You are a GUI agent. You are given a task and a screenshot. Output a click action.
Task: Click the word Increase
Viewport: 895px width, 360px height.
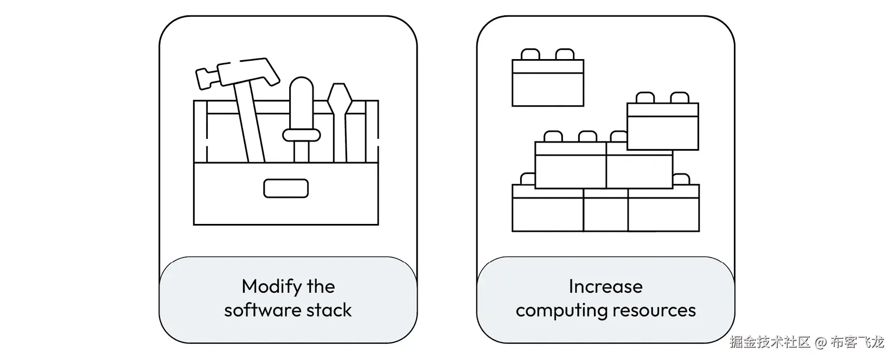(x=605, y=286)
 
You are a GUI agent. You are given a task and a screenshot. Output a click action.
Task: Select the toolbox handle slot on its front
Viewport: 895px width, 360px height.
(x=286, y=189)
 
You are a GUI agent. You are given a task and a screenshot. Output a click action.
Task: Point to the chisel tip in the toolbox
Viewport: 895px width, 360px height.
(x=340, y=98)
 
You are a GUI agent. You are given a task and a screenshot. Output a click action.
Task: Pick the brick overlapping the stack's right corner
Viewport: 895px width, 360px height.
(x=662, y=126)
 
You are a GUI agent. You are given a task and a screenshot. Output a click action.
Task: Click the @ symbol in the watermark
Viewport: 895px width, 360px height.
(x=821, y=343)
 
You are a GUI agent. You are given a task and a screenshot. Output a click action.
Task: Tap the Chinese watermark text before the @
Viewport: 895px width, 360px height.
(x=770, y=343)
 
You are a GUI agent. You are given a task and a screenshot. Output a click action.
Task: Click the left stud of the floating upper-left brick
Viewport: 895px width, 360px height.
(x=530, y=54)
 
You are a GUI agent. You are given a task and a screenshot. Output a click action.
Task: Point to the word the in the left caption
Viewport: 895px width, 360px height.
(x=321, y=286)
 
